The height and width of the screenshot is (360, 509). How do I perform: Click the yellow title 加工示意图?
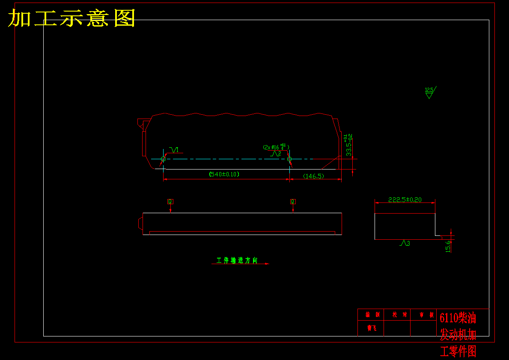click(x=72, y=18)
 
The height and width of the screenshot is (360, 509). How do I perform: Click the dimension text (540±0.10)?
click(x=224, y=174)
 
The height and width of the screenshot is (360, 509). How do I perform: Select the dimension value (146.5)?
click(x=313, y=176)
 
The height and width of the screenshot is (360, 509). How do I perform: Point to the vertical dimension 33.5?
click(x=349, y=146)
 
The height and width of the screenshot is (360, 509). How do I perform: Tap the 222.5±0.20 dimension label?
click(x=405, y=199)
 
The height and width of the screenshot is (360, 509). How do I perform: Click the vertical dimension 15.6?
click(x=448, y=246)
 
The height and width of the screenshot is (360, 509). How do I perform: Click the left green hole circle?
click(x=163, y=159)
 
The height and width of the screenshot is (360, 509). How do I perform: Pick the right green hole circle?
click(x=289, y=159)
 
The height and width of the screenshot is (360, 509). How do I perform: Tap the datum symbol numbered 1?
click(x=175, y=150)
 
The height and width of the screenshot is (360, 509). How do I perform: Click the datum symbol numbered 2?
click(x=275, y=153)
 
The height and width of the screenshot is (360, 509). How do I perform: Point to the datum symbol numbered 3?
click(x=404, y=243)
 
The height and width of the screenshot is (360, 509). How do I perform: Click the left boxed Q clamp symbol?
click(x=170, y=201)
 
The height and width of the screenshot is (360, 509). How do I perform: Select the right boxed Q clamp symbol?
click(x=293, y=201)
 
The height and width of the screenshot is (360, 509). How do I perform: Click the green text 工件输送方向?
click(x=237, y=260)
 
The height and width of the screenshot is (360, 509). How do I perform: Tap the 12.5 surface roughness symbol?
click(x=429, y=92)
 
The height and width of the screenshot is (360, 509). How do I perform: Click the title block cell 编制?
click(x=371, y=315)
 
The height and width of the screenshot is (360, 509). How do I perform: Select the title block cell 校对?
click(x=397, y=315)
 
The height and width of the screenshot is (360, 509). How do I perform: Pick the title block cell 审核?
click(x=423, y=315)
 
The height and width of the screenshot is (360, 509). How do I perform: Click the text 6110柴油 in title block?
click(x=458, y=318)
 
